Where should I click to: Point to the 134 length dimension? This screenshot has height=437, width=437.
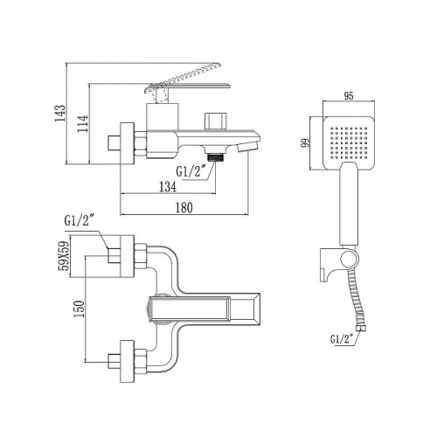[170, 185]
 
